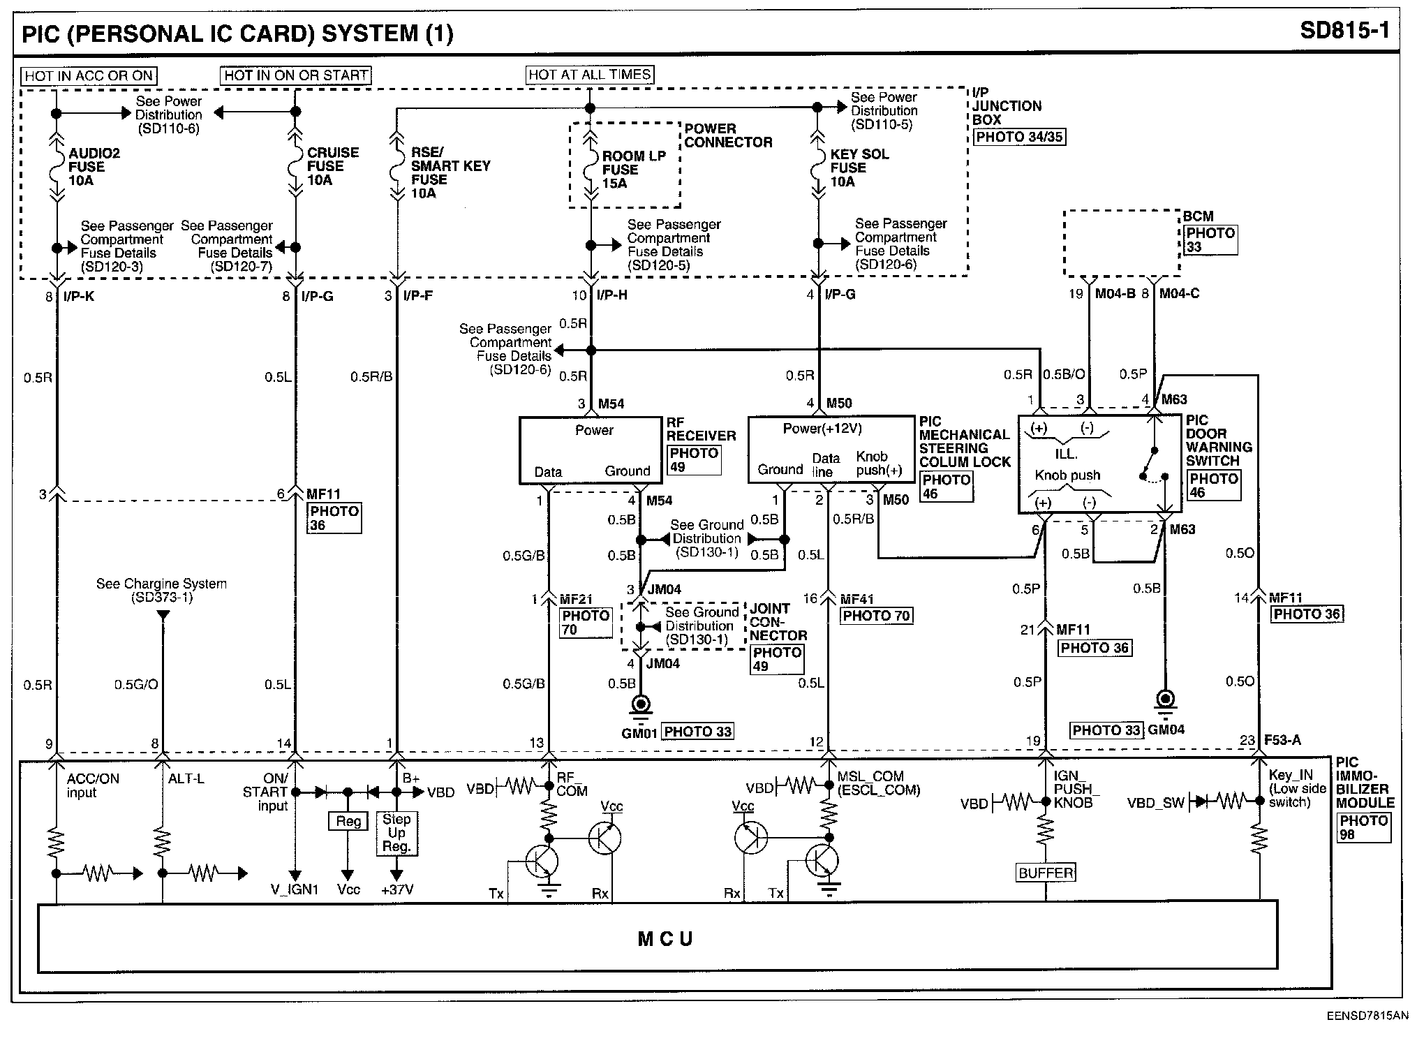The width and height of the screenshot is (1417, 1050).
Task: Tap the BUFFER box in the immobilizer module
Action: click(1046, 873)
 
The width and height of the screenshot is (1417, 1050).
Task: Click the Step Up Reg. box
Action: click(396, 832)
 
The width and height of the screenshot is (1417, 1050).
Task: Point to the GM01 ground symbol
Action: click(640, 706)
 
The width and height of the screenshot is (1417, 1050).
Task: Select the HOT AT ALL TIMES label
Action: click(590, 75)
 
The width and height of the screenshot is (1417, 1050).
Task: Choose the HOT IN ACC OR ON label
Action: click(89, 75)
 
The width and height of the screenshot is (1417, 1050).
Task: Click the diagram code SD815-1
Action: click(1345, 31)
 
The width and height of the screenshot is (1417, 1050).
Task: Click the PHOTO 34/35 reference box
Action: click(1019, 137)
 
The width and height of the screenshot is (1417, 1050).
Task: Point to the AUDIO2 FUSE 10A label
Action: click(94, 167)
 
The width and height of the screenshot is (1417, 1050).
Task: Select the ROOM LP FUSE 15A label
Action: click(633, 170)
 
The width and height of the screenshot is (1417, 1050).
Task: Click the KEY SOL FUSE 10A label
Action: click(859, 168)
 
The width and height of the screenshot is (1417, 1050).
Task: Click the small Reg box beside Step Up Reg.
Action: click(348, 821)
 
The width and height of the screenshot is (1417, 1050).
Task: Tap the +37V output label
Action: click(396, 890)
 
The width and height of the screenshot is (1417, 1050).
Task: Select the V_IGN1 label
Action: click(295, 890)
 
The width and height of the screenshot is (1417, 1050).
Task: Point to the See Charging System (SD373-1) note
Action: click(161, 590)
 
